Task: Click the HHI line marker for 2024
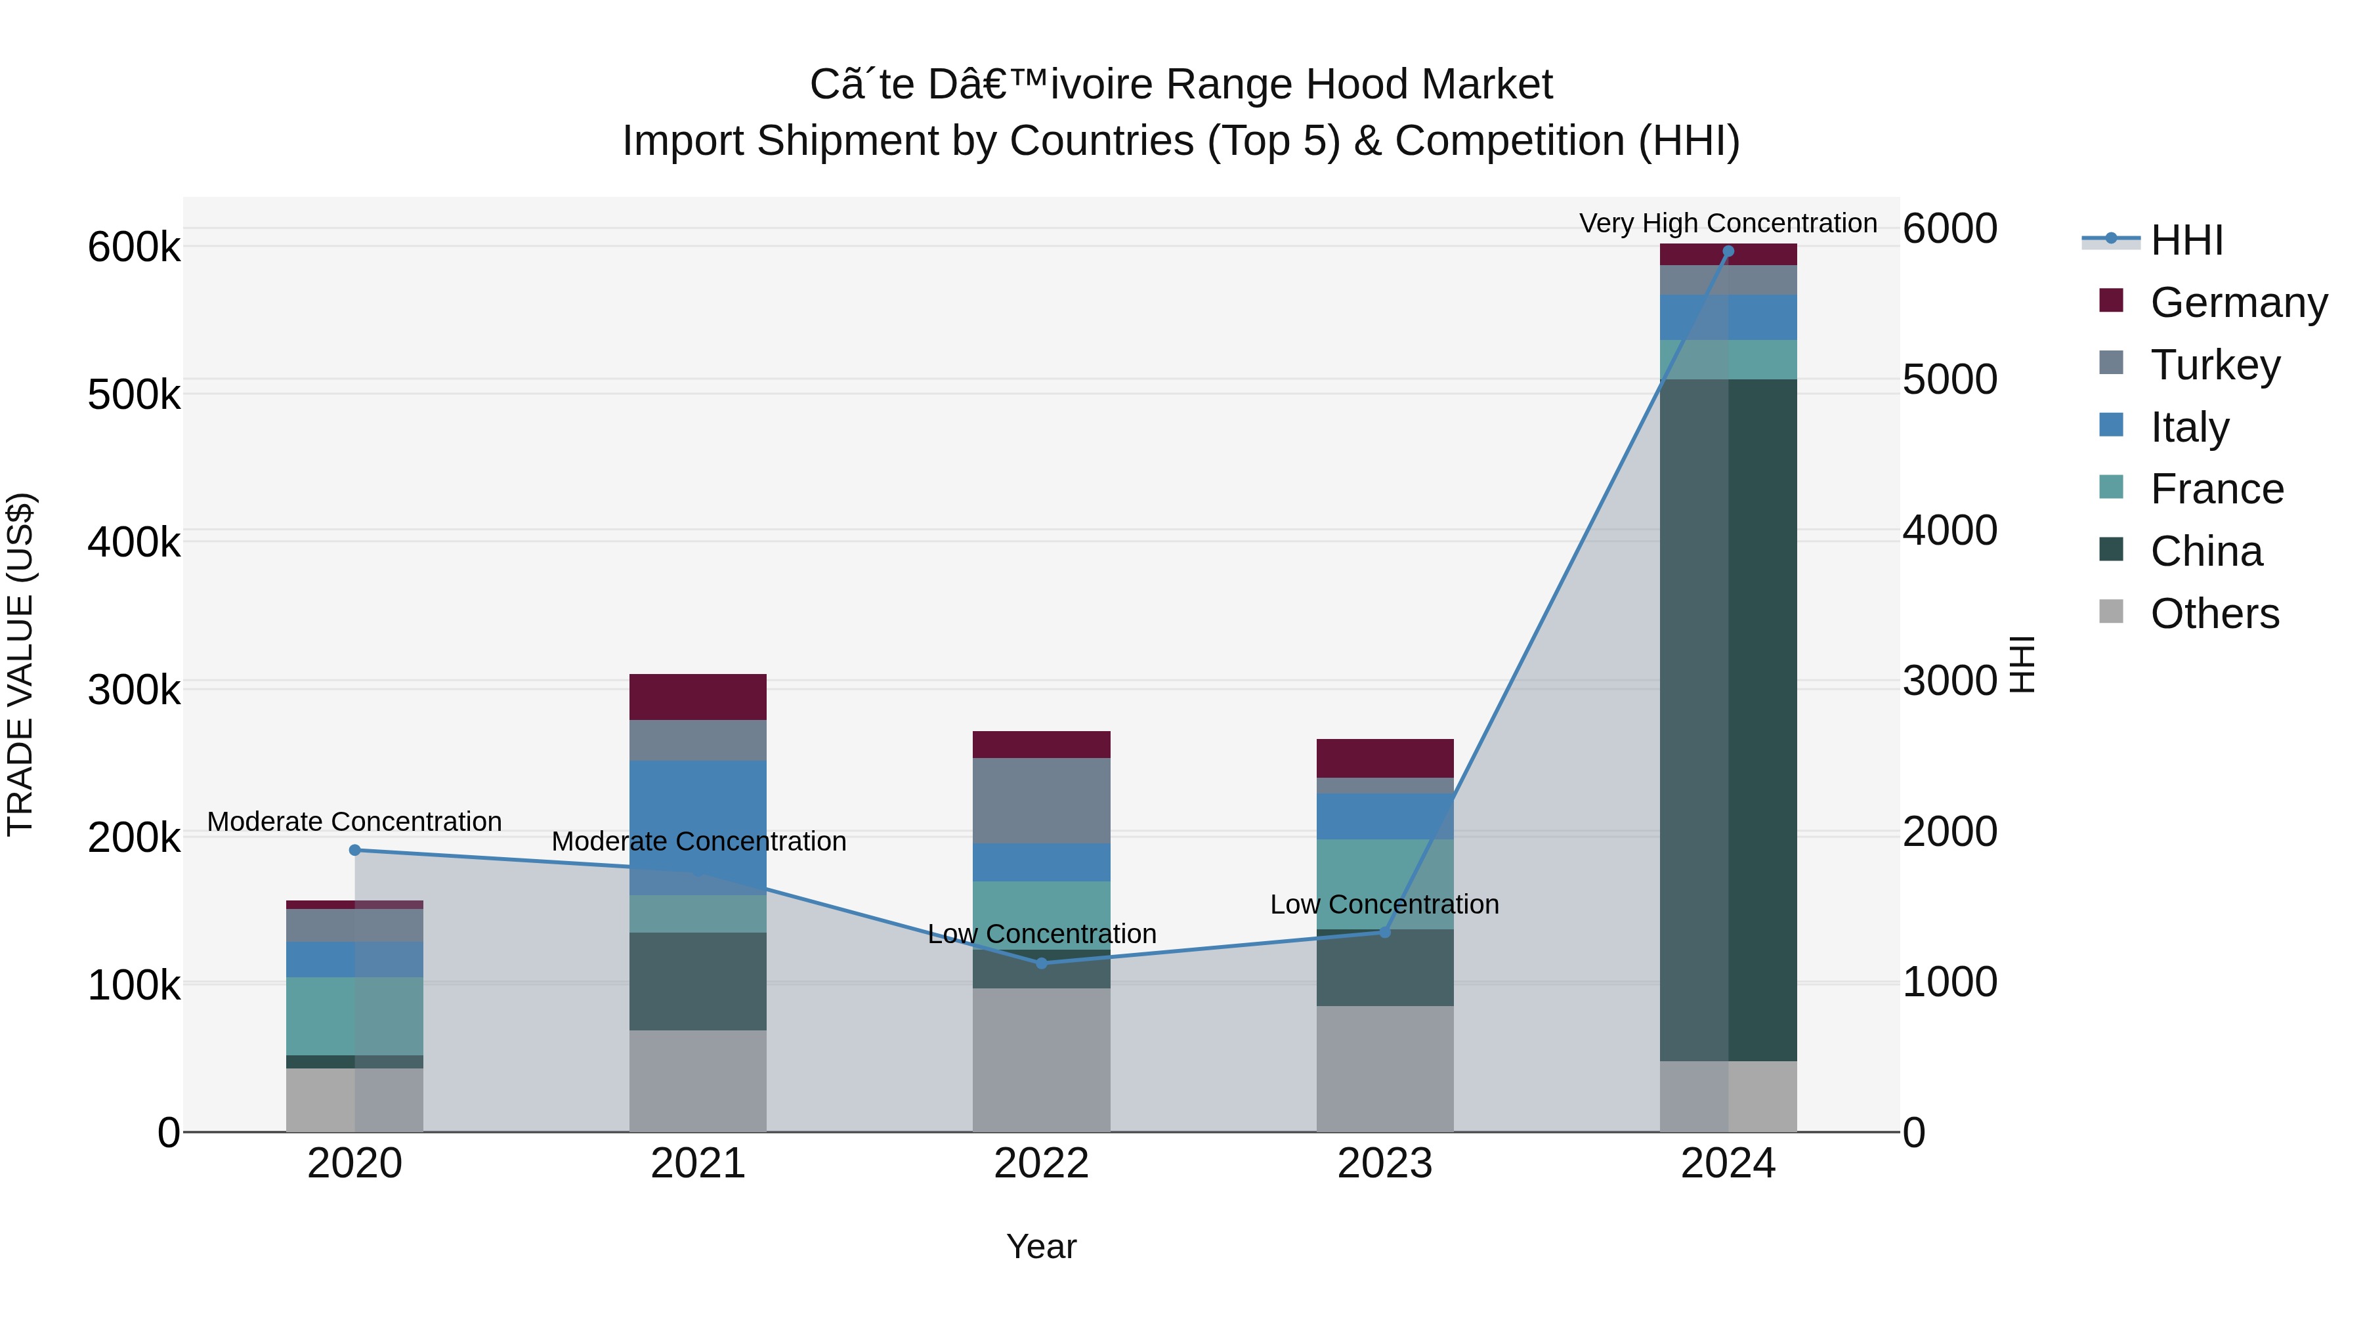pyautogui.click(x=1728, y=251)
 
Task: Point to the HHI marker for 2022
pyautogui.click(x=1041, y=963)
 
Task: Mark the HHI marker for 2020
pyautogui.click(x=355, y=850)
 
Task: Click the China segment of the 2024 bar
pyautogui.click(x=1728, y=720)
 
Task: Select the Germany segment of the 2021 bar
pyautogui.click(x=698, y=697)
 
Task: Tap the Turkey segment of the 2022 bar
pyautogui.click(x=1041, y=801)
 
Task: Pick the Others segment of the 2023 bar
pyautogui.click(x=1384, y=1068)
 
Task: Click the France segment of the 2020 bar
pyautogui.click(x=355, y=1016)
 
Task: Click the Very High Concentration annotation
pyautogui.click(x=1728, y=224)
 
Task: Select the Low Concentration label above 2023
pyautogui.click(x=1384, y=904)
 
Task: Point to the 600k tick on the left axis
pyautogui.click(x=134, y=247)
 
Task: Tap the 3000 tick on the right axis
pyautogui.click(x=1949, y=681)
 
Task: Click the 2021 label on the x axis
pyautogui.click(x=698, y=1164)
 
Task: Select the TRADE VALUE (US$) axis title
pyautogui.click(x=21, y=664)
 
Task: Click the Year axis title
pyautogui.click(x=1041, y=1246)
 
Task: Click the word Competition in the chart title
pyautogui.click(x=1510, y=141)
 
